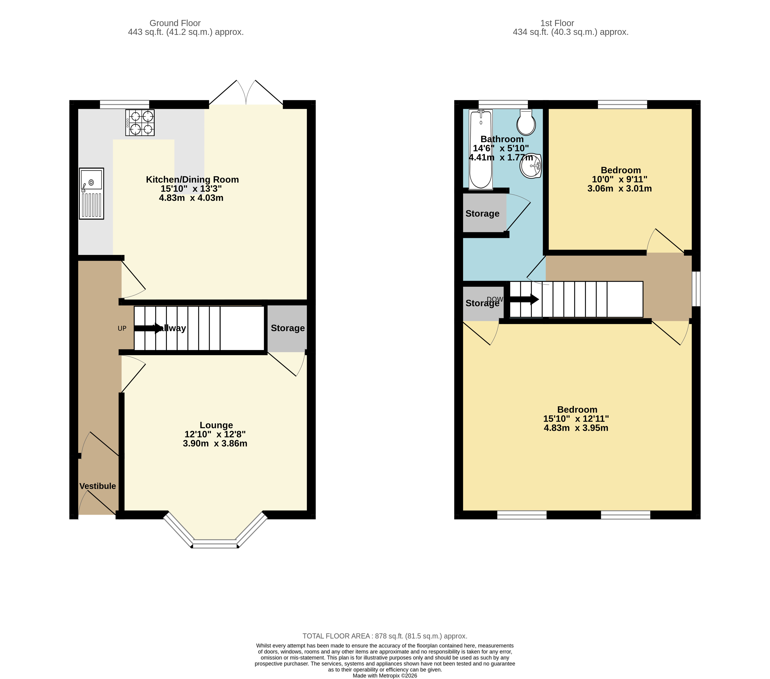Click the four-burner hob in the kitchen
coord(140,123)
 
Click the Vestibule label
coord(97,486)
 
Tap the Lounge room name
coord(216,425)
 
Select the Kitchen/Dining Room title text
coord(192,180)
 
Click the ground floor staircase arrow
coord(148,328)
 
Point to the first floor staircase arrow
coord(524,300)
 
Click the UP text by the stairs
coord(122,329)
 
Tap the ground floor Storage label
coord(288,328)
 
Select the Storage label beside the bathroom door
coord(482,213)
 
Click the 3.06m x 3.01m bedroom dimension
coord(619,189)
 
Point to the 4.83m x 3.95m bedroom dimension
coord(576,428)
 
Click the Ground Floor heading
coord(175,23)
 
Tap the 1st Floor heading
coord(557,23)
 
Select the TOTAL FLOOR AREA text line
coord(385,636)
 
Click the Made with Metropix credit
coord(385,676)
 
